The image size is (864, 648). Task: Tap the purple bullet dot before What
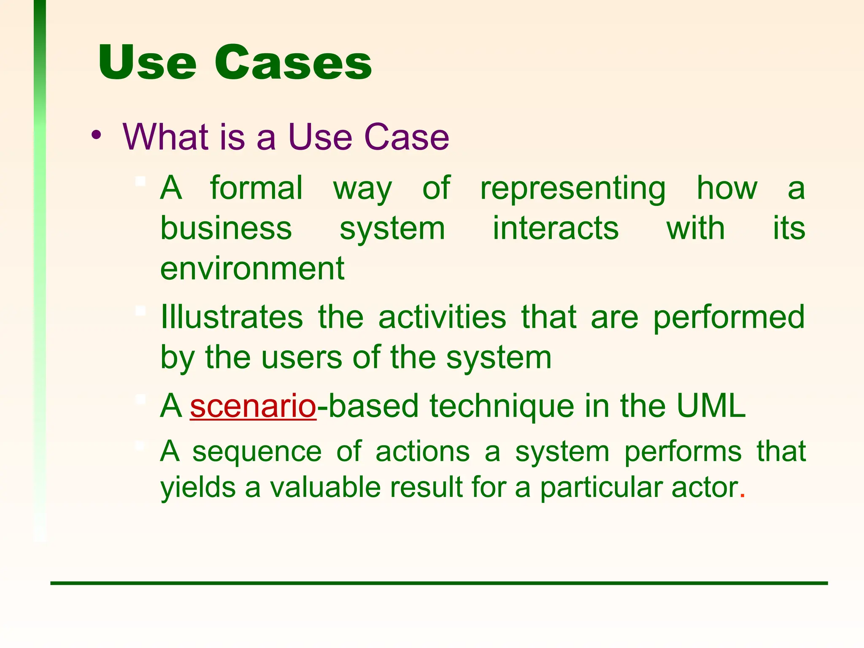point(96,135)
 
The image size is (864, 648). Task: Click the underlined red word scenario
point(253,406)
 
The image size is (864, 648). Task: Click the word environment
point(252,269)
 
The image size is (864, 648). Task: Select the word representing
point(573,189)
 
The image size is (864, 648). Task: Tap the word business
point(226,228)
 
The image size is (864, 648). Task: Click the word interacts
point(556,228)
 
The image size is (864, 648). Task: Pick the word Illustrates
point(232,317)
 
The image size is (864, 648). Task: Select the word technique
point(502,406)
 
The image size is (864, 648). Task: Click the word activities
point(442,317)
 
